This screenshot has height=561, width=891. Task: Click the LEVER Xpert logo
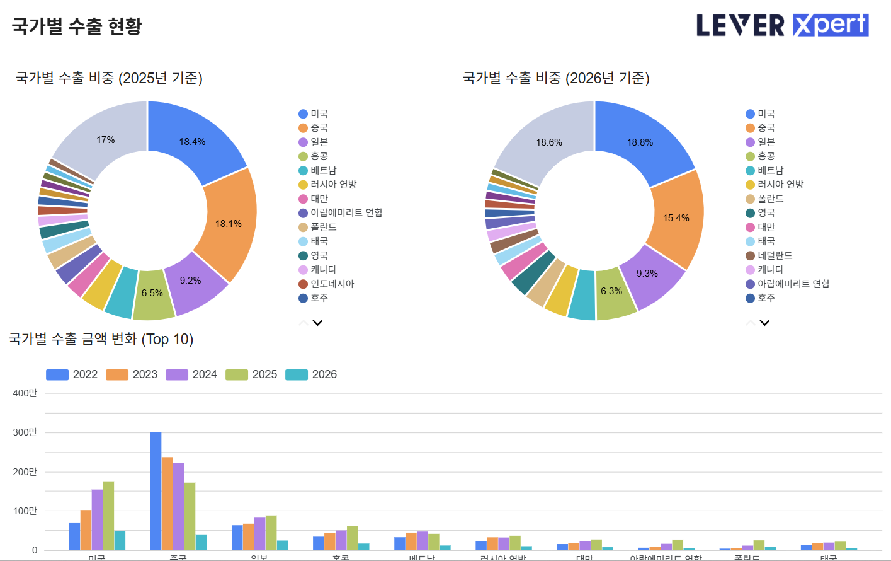[782, 25]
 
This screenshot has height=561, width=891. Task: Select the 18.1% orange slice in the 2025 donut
[229, 224]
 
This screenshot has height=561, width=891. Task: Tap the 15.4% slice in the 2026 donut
[676, 218]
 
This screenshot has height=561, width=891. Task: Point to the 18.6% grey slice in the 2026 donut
[549, 142]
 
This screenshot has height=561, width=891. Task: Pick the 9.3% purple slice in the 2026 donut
[647, 274]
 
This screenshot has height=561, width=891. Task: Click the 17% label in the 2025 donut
[106, 140]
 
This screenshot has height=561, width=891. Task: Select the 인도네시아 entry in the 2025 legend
[332, 284]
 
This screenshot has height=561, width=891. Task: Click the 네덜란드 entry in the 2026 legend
[775, 255]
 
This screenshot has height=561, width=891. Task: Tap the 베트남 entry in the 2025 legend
[323, 170]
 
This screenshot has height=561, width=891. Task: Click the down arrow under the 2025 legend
[317, 323]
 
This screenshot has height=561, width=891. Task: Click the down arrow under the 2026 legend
[764, 323]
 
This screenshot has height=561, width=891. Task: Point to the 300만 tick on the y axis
[25, 432]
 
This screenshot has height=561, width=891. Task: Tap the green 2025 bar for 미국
[108, 516]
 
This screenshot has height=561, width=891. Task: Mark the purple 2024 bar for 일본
[259, 533]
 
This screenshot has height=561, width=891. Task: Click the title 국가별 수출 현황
[77, 26]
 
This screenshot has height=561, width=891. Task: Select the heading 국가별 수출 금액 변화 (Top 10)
[101, 339]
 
